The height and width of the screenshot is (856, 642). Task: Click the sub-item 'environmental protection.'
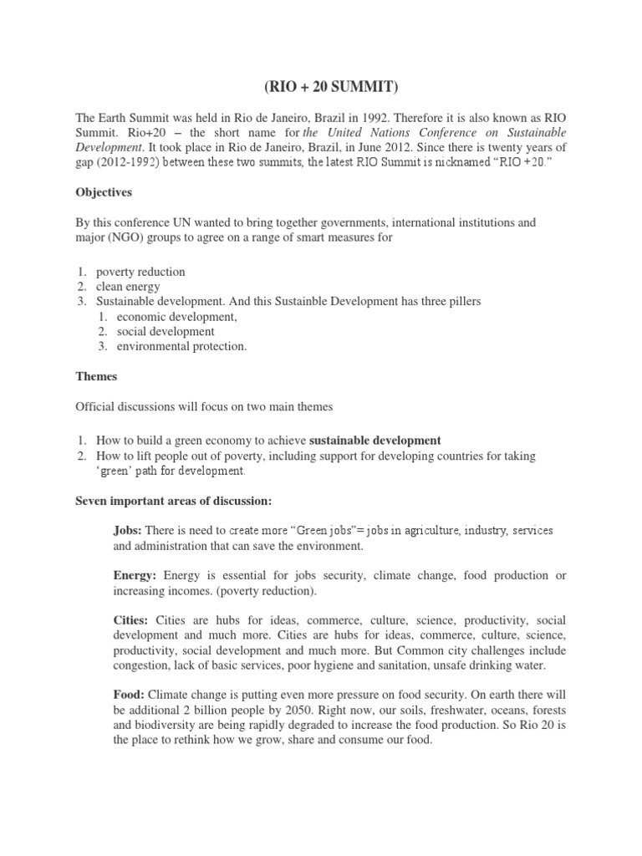181,346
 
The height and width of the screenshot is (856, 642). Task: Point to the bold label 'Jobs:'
128,532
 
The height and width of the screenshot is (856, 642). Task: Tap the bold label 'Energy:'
136,576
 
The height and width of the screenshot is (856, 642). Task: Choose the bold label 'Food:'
130,695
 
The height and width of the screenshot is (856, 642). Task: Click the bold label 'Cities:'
130,620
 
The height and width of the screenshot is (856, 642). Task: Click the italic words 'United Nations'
367,132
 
